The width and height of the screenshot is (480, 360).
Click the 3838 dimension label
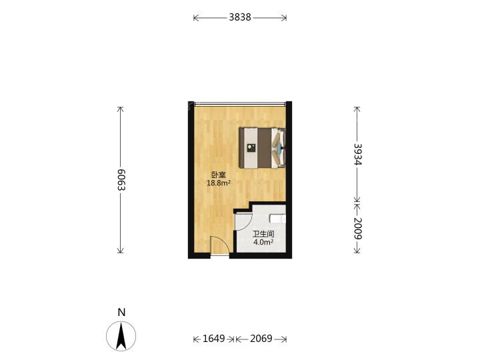[x=240, y=17]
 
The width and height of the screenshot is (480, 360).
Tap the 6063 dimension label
[x=121, y=180]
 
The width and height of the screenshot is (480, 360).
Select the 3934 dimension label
[x=357, y=154]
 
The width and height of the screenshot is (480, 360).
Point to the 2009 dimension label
[x=357, y=229]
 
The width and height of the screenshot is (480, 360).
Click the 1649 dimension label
[x=214, y=339]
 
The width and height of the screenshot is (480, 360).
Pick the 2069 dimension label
[x=261, y=339]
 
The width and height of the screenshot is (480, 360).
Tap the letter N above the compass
[x=121, y=313]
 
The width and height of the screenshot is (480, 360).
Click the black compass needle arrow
[x=121, y=337]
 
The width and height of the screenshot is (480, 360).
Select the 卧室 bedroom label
[x=219, y=175]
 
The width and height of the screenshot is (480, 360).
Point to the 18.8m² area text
[x=219, y=183]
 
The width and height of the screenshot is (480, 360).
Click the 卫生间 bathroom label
[x=263, y=235]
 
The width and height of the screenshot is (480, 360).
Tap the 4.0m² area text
[x=263, y=243]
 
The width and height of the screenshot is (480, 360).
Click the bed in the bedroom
[x=263, y=148]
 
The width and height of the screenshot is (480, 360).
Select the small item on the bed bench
[x=251, y=147]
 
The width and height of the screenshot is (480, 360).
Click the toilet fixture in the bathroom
[x=277, y=219]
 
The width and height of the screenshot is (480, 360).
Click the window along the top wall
[x=240, y=104]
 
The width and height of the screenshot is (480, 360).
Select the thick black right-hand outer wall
[x=289, y=180]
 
